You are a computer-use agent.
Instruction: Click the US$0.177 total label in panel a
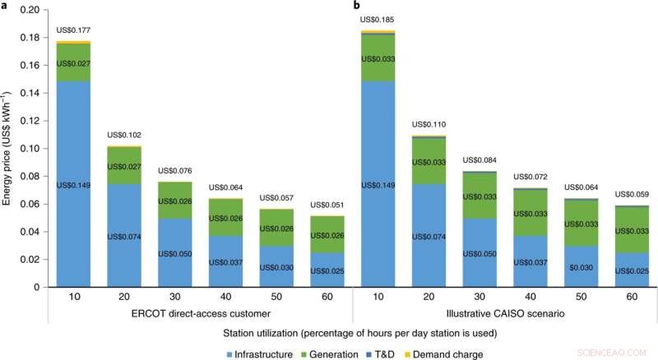point(72,31)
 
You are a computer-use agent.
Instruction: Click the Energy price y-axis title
point(9,148)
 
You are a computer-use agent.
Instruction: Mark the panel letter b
point(357,6)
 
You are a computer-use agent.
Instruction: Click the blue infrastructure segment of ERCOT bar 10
point(72,205)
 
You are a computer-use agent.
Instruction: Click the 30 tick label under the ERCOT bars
point(174,293)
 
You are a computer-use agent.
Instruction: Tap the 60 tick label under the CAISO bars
point(631,293)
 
